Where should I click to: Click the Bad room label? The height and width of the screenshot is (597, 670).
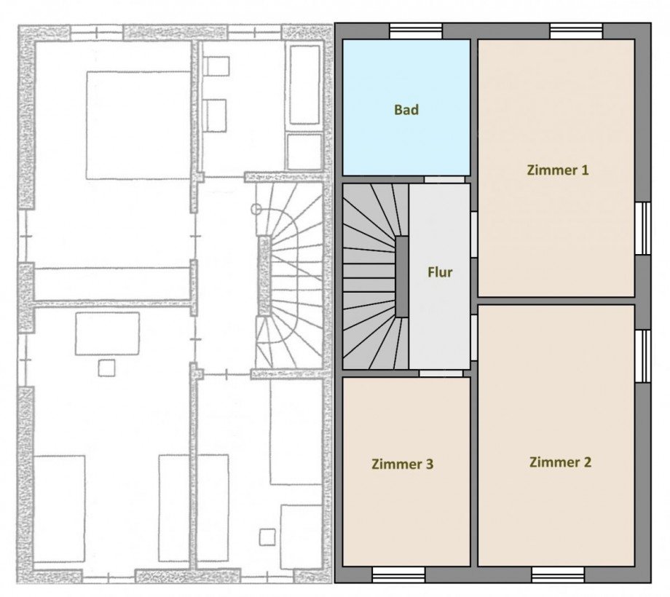(406, 110)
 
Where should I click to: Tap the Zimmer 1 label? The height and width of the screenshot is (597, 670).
(558, 170)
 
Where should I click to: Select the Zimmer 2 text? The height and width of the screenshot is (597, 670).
(560, 462)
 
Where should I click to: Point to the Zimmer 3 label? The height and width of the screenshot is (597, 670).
(403, 464)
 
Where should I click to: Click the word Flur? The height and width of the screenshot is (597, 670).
(440, 272)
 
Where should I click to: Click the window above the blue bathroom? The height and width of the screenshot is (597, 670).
(416, 31)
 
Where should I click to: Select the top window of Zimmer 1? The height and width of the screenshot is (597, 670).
(576, 31)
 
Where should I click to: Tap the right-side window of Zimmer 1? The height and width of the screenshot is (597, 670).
(643, 228)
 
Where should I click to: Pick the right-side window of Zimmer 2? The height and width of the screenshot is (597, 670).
(643, 356)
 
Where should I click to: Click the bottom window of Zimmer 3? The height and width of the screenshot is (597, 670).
(398, 574)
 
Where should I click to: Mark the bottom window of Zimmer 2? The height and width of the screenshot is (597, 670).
(558, 574)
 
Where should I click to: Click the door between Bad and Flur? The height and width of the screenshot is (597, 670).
(444, 180)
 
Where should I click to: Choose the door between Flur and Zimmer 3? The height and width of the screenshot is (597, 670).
(441, 373)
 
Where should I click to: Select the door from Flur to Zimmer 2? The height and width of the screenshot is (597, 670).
(474, 337)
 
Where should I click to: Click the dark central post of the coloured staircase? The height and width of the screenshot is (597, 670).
(402, 277)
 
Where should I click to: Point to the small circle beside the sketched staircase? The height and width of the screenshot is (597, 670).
(256, 209)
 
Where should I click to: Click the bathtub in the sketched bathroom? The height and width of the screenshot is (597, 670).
(304, 84)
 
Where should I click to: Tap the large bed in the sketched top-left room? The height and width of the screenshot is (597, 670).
(138, 125)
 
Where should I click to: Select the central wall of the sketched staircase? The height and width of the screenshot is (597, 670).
(264, 276)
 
